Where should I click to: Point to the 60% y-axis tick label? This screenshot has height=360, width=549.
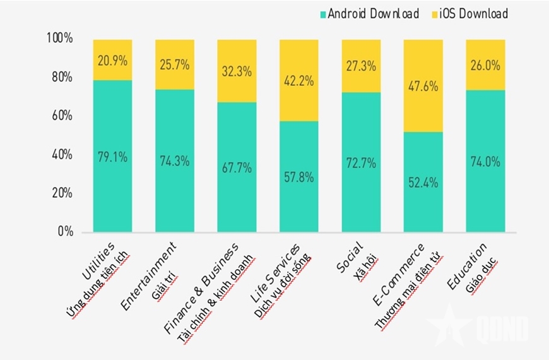tap(61, 116)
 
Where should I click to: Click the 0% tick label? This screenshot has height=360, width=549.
tap(65, 232)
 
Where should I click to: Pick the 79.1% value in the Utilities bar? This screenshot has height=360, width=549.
tap(112, 157)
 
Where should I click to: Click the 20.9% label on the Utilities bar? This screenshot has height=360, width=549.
tap(112, 61)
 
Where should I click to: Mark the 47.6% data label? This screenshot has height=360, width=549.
tap(423, 86)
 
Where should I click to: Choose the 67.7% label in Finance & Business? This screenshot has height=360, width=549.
tap(237, 167)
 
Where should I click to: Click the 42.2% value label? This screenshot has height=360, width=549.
tap(299, 80)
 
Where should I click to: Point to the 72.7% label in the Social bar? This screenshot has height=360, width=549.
tap(361, 163)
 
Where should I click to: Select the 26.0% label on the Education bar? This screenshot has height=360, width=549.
tap(485, 65)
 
